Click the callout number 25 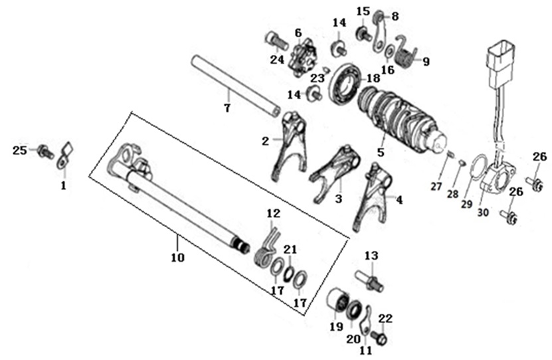pyautogui.click(x=20, y=151)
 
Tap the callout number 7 pyautogui.click(x=227, y=108)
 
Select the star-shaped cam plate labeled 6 pyautogui.click(x=303, y=57)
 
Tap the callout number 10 pyautogui.click(x=178, y=257)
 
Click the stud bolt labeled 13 pyautogui.click(x=369, y=280)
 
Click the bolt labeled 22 pyautogui.click(x=379, y=337)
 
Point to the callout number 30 pyautogui.click(x=484, y=213)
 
